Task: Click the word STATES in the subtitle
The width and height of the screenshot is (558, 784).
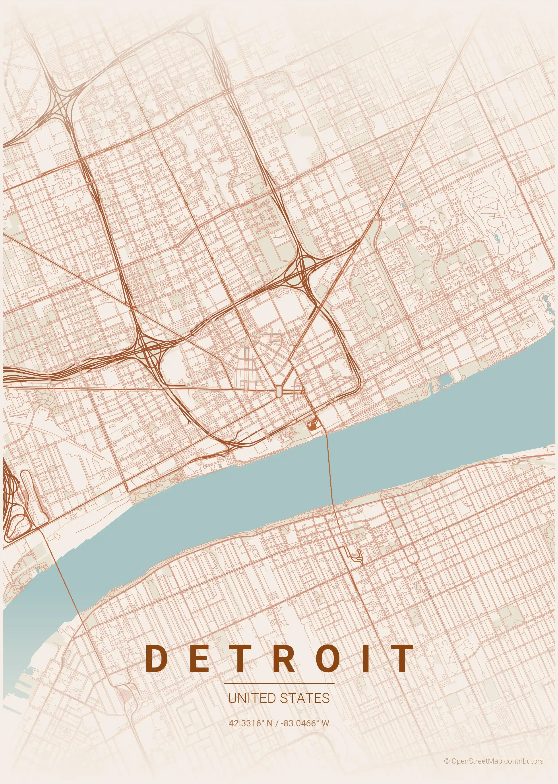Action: coord(305,698)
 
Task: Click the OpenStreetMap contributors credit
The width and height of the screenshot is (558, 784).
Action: coord(494,761)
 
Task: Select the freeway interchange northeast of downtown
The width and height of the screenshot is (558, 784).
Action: coord(302,272)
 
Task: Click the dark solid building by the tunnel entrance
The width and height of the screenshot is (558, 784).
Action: coord(312,425)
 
